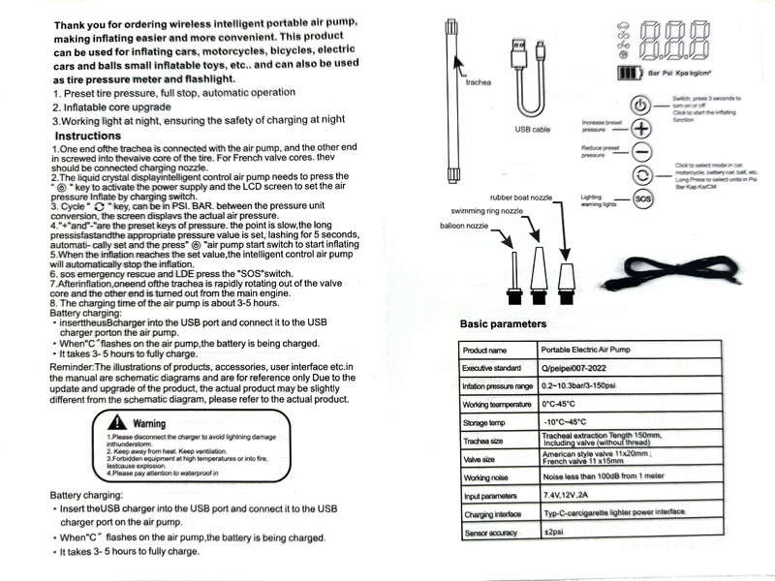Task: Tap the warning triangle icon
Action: pyautogui.click(x=117, y=422)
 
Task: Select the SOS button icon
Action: pyautogui.click(x=641, y=199)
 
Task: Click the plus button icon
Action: pyautogui.click(x=641, y=127)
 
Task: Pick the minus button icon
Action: pyautogui.click(x=641, y=151)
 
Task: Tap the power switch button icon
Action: pyautogui.click(x=641, y=105)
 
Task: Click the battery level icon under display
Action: pyautogui.click(x=630, y=73)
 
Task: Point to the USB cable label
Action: pyautogui.click(x=532, y=128)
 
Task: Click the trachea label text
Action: pyautogui.click(x=480, y=82)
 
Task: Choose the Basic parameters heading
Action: pyautogui.click(x=503, y=323)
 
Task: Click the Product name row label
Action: pyautogui.click(x=486, y=350)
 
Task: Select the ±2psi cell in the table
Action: pyautogui.click(x=554, y=533)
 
